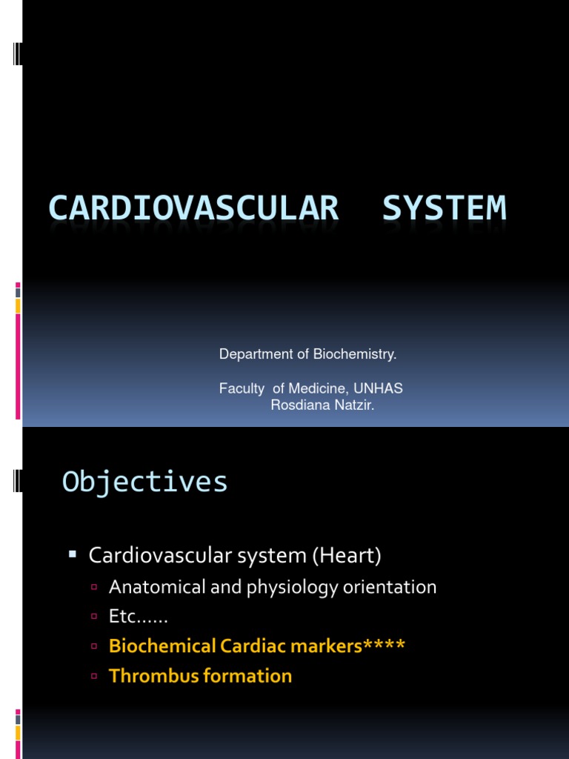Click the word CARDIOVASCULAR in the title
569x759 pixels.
click(x=193, y=208)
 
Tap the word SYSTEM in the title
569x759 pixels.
click(x=445, y=208)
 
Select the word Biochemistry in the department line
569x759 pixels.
click(x=354, y=354)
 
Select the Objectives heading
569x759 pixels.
click(x=145, y=482)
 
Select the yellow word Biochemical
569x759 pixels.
click(x=162, y=646)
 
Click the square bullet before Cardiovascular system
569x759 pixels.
click(x=73, y=553)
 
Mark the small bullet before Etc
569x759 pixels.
click(x=94, y=617)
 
